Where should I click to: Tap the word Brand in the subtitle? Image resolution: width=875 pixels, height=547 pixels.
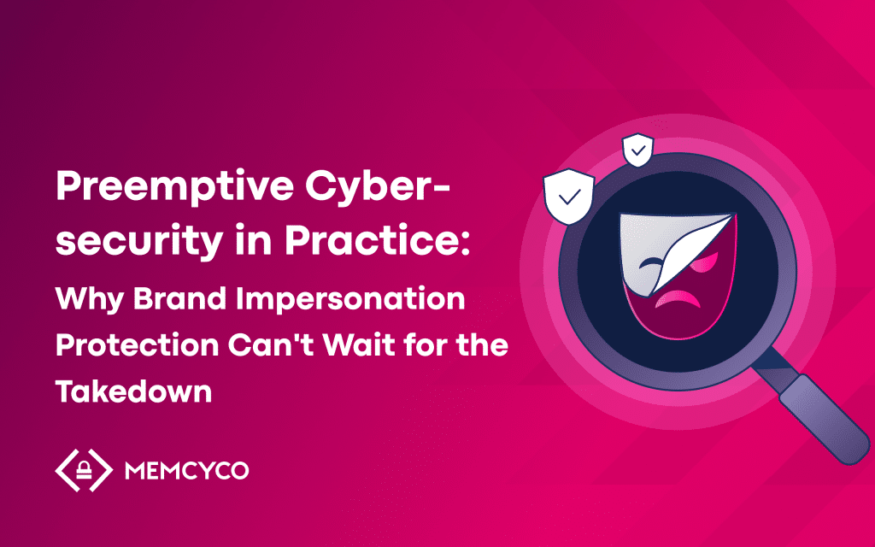click(x=179, y=298)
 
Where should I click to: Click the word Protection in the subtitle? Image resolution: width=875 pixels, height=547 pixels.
click(x=138, y=345)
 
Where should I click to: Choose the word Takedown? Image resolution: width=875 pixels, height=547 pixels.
click(x=134, y=391)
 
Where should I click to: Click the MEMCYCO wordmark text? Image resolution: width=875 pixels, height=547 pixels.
click(x=186, y=471)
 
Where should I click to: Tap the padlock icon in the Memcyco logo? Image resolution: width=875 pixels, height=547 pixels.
click(x=85, y=471)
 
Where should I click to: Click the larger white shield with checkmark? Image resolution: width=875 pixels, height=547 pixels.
click(x=568, y=196)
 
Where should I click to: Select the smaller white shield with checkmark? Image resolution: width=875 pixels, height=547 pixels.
click(x=637, y=150)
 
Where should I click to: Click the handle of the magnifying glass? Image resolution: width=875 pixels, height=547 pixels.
click(x=824, y=419)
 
